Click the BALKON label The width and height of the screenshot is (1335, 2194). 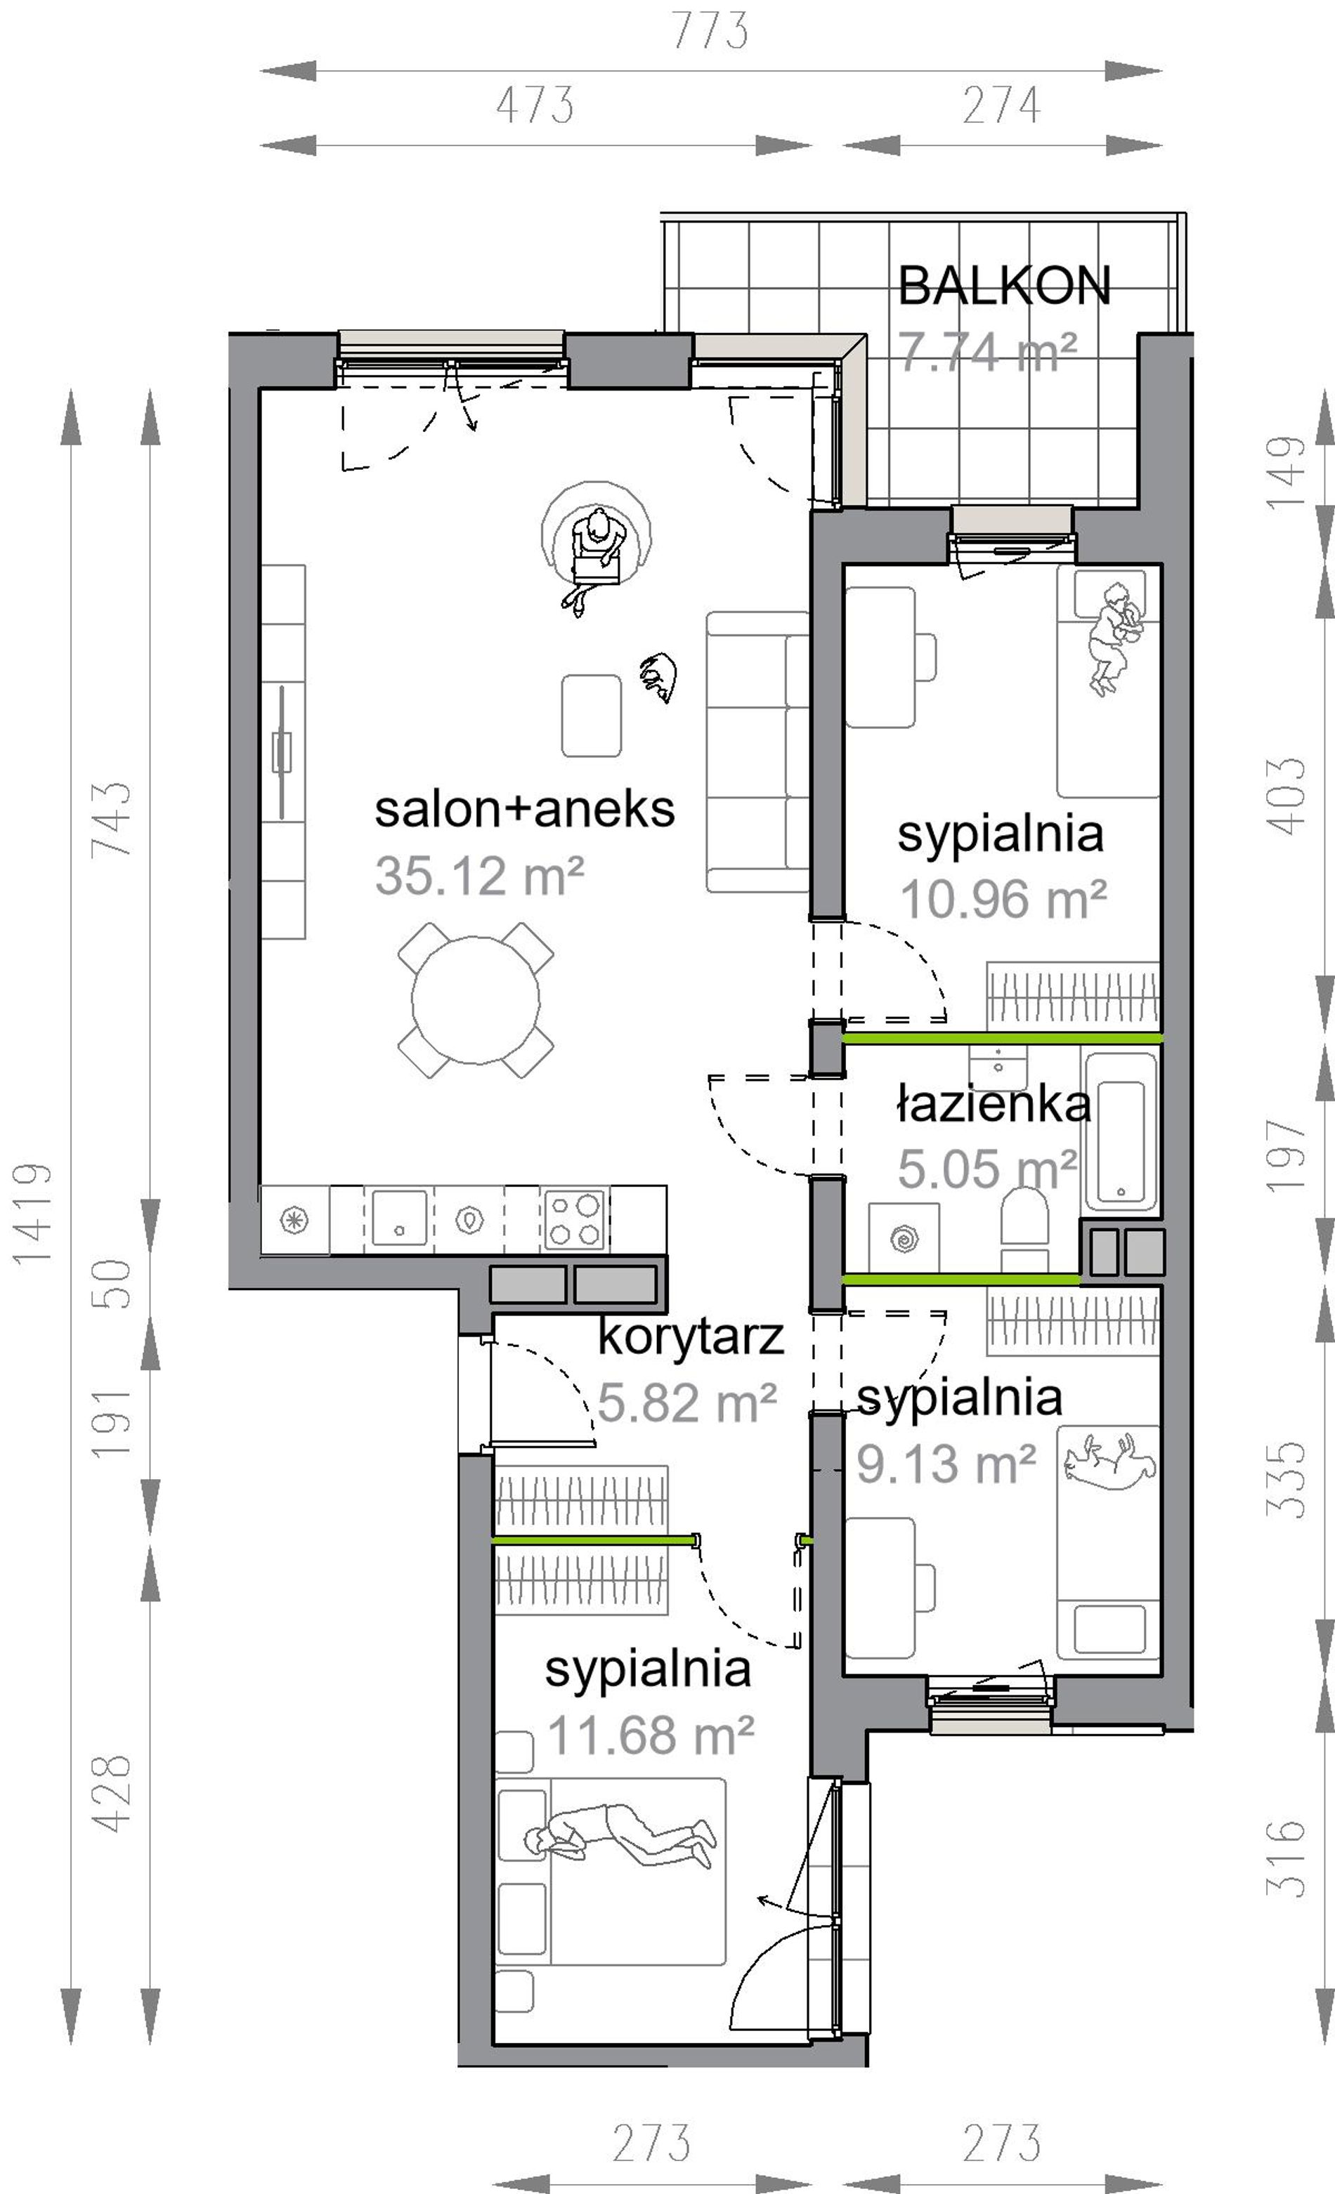tap(1003, 286)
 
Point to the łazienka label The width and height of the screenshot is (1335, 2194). tap(992, 1105)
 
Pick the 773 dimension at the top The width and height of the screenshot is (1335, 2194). tap(710, 31)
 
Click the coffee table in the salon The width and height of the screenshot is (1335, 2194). tap(592, 716)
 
